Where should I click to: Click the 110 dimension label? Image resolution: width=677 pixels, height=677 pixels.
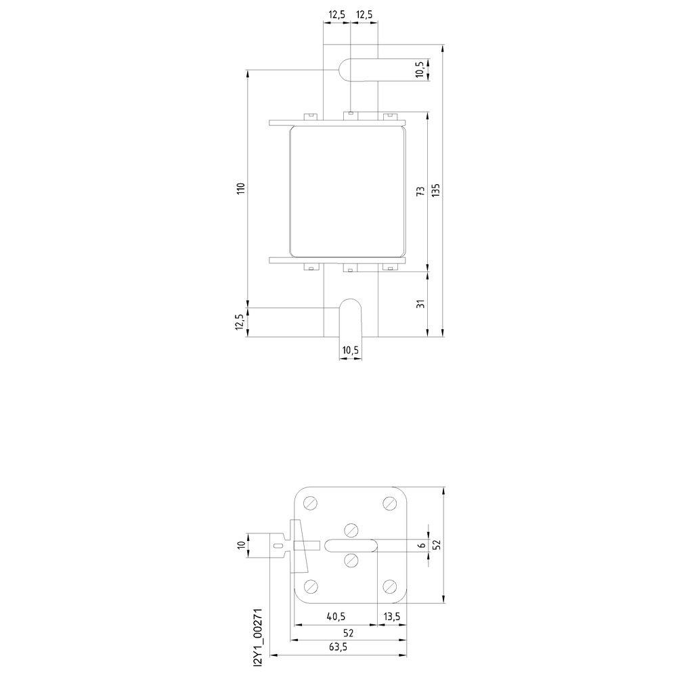[241, 188]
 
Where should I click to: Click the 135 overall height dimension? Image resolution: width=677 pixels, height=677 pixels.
[435, 190]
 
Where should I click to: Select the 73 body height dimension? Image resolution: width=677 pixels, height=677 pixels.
[420, 192]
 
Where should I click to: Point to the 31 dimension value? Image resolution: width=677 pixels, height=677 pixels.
[421, 303]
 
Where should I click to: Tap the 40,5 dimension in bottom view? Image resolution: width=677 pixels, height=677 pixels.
[336, 617]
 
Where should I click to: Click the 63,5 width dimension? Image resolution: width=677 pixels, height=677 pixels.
[338, 647]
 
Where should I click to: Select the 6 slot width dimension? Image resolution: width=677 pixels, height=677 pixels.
[422, 545]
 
